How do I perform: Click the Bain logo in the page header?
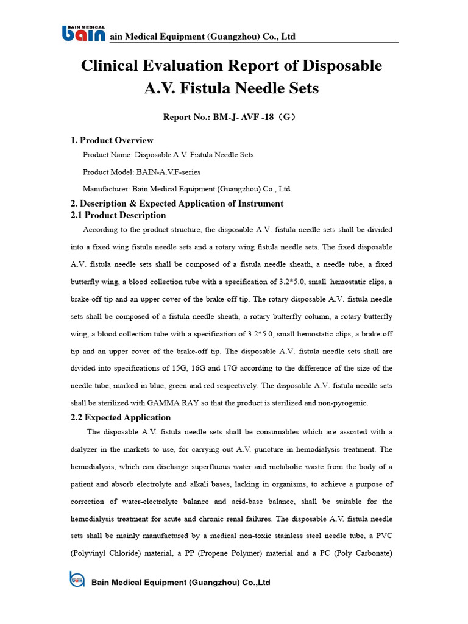click(83, 34)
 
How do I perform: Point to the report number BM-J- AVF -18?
click(244, 117)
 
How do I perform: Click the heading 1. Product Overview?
click(112, 140)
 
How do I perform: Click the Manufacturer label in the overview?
click(105, 189)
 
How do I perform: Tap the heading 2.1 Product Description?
click(119, 215)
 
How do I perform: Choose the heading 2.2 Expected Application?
click(121, 417)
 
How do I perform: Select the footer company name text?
click(180, 583)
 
